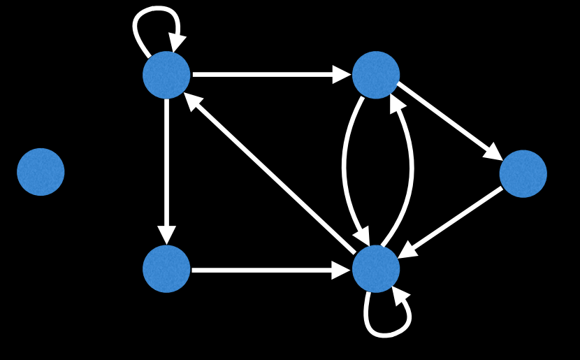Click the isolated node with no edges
pos(41,172)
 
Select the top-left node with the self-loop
pos(166,75)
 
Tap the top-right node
pos(376,75)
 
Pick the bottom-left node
pos(166,268)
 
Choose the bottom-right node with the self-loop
pos(376,268)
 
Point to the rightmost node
pos(523,173)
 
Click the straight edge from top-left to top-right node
pos(266,74)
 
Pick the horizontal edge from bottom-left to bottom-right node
pos(266,269)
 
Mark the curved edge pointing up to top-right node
pos(410,168)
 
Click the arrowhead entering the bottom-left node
pos(166,236)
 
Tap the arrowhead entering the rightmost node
pos(493,152)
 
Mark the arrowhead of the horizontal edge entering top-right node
pos(342,74)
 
